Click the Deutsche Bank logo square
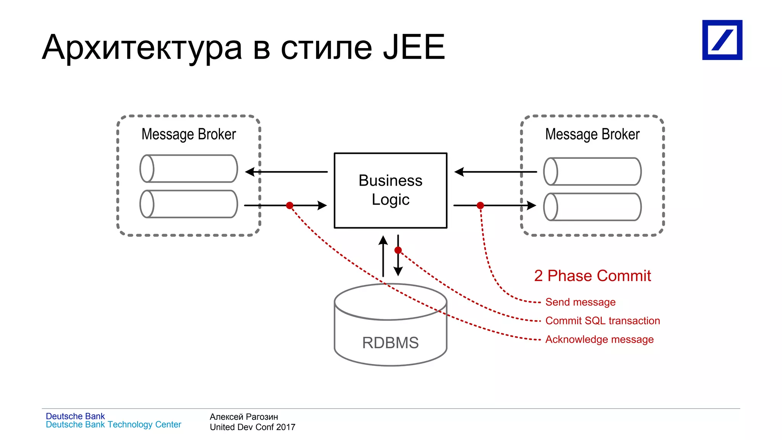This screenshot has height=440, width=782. [722, 40]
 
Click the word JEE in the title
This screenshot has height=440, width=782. [414, 48]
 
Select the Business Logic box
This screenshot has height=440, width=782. [390, 190]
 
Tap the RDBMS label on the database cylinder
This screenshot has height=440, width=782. [390, 343]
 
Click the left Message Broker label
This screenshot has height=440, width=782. [189, 134]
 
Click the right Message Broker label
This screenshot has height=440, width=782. [592, 134]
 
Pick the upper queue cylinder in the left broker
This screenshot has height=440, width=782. [189, 168]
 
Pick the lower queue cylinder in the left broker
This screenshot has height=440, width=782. [189, 204]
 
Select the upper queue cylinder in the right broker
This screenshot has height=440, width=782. [592, 171]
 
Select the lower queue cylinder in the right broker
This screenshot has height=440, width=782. [592, 207]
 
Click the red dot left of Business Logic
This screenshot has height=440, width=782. [290, 205]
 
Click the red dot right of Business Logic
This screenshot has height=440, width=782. [480, 205]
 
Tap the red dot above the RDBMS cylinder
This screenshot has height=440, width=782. [398, 250]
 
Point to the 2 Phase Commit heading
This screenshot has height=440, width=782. [592, 276]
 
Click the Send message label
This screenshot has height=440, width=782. [580, 302]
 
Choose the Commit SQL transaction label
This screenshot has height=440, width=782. [603, 321]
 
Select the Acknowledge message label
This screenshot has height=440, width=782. [599, 339]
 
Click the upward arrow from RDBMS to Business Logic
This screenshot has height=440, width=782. [383, 256]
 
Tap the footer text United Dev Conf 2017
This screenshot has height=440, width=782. [252, 427]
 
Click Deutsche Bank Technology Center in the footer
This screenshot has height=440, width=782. [113, 425]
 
